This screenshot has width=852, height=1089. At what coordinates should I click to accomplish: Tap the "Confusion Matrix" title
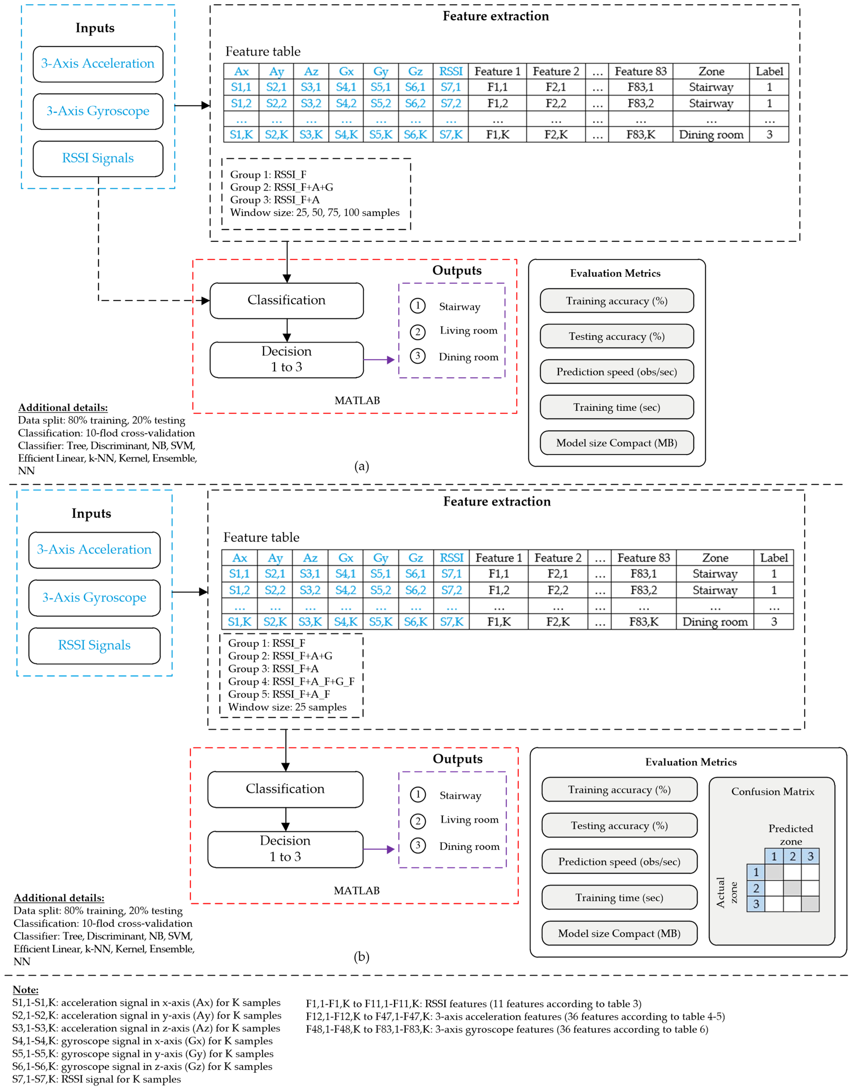[x=773, y=791]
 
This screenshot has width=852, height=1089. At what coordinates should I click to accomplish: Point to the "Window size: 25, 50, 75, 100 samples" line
[x=315, y=213]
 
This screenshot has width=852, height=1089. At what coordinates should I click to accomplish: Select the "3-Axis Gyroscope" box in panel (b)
[x=94, y=598]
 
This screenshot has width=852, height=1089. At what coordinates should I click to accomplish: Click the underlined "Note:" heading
[x=25, y=990]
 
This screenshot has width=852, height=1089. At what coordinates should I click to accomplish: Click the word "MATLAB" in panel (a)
[x=357, y=401]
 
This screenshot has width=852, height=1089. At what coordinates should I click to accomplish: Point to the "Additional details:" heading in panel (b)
[x=59, y=898]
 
